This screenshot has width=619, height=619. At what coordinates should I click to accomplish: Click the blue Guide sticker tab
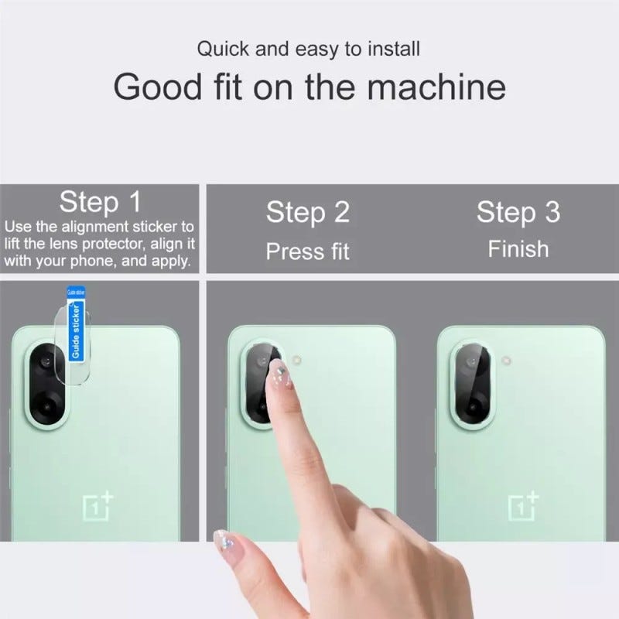click(x=76, y=323)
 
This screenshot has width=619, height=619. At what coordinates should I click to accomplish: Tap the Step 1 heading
click(x=101, y=202)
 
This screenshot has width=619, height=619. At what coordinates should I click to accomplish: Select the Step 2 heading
click(x=308, y=212)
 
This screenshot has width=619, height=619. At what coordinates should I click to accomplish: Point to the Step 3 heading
click(x=518, y=212)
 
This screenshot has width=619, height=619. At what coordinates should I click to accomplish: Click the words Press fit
click(x=307, y=251)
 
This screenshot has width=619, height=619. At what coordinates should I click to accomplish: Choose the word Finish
click(x=518, y=249)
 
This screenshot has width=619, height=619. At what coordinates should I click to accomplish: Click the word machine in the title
click(x=436, y=87)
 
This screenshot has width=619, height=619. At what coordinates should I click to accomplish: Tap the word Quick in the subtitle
click(x=223, y=50)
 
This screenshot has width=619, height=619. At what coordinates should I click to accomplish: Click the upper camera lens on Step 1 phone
click(x=46, y=361)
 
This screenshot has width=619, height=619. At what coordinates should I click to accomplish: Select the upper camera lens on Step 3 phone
click(x=471, y=361)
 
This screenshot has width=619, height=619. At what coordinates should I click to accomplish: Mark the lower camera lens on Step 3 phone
click(x=473, y=405)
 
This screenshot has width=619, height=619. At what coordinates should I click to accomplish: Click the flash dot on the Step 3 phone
click(x=506, y=361)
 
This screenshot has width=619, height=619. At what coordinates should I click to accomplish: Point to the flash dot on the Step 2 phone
click(x=296, y=360)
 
